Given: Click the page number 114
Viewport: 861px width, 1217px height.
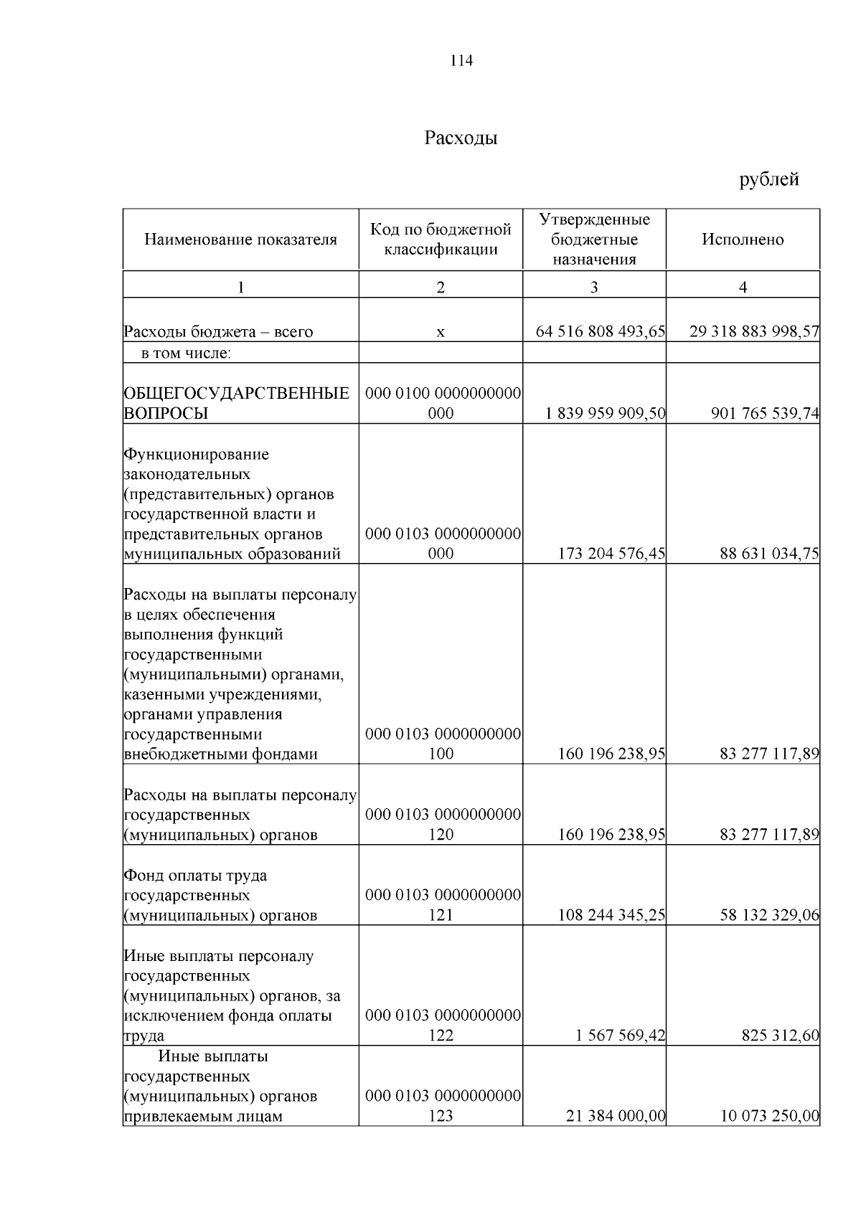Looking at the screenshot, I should click(461, 61).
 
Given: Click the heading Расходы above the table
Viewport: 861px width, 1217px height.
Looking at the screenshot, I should click(461, 138).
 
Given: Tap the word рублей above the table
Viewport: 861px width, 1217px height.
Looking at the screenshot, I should click(769, 179).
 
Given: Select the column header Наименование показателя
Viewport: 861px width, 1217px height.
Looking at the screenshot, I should click(240, 240).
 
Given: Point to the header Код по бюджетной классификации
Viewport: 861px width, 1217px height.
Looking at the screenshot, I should click(441, 240).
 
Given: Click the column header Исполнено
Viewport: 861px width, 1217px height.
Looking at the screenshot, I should click(743, 240).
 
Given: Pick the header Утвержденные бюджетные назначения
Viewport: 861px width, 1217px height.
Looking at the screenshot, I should click(594, 240).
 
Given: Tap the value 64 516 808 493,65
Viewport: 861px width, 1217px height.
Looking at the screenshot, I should click(600, 332).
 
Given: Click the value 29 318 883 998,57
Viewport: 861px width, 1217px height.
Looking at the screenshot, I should click(753, 332).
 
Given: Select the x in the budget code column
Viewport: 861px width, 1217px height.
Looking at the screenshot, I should click(441, 332).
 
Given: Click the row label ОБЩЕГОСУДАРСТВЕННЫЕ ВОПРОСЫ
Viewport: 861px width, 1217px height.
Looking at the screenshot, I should click(236, 403).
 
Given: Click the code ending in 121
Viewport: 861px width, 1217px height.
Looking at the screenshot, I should click(442, 905).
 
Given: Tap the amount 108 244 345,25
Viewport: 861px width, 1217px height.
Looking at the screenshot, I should click(611, 915).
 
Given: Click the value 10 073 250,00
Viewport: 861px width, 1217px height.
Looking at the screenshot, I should click(769, 1116).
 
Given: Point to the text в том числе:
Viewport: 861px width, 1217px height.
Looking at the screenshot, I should click(186, 353).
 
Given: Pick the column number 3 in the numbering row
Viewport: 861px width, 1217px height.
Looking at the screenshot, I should click(593, 288).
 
